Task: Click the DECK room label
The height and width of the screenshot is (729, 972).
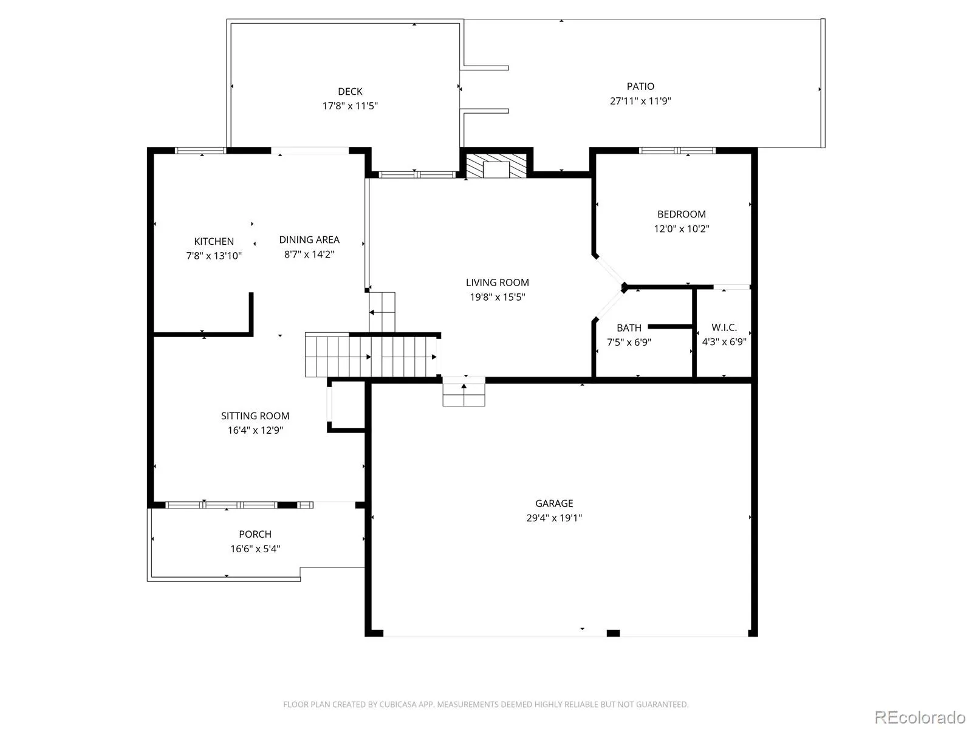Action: pos(350,92)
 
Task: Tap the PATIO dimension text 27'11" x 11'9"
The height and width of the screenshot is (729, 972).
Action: pos(640,101)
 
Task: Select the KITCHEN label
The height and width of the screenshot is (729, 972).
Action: pos(214,241)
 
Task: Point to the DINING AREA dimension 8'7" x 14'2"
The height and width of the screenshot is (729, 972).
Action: pos(309,254)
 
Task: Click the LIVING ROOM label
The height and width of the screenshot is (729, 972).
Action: pos(498,282)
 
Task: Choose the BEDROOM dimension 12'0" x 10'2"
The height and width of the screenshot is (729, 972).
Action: pos(682,229)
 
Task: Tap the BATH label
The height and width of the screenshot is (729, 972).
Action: pos(629,328)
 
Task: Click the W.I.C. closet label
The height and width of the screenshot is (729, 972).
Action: pos(724,327)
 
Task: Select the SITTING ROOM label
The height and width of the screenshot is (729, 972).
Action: pos(255,416)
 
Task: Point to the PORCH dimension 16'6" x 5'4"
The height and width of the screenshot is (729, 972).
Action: pos(255,549)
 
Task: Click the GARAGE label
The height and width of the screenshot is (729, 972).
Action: pos(554,503)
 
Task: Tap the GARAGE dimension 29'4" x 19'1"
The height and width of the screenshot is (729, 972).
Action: pos(554,518)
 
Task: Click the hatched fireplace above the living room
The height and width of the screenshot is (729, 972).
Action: pos(496,166)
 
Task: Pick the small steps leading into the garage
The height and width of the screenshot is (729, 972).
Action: pos(464,391)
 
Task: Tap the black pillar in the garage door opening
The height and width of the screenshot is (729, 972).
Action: pos(613,633)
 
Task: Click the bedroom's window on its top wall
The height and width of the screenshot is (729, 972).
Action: pos(677,151)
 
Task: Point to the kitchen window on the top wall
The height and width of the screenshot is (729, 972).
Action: pos(200,151)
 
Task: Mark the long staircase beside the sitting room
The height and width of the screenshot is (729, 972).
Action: pos(371,356)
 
